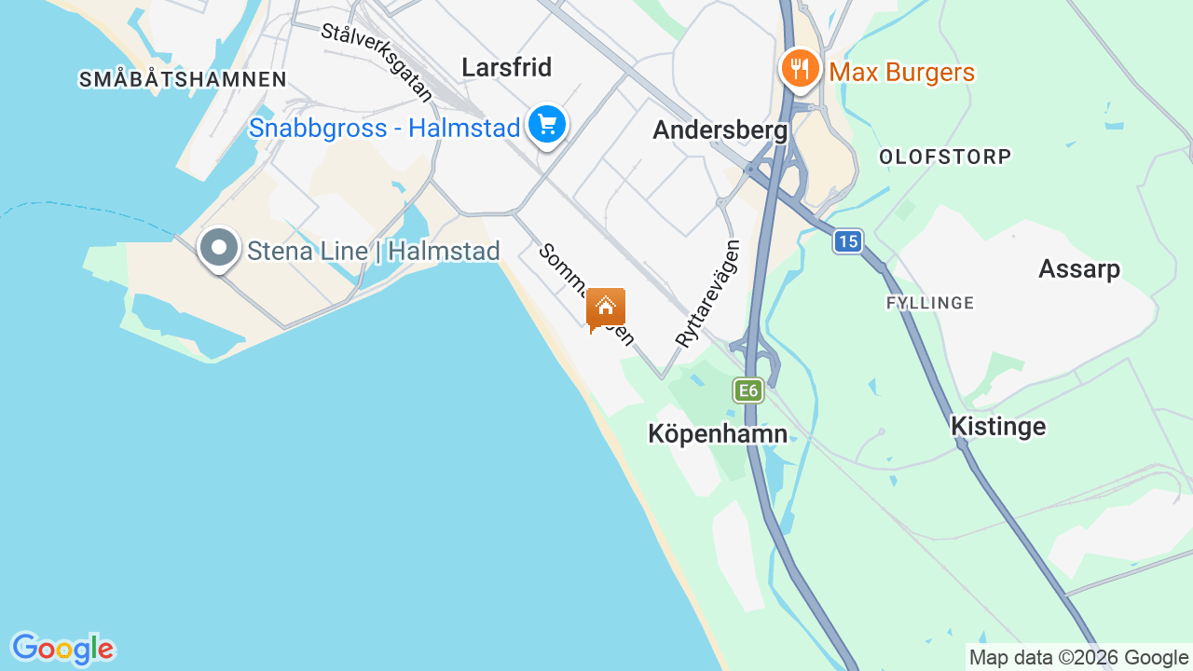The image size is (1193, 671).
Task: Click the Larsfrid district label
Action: (x=507, y=67)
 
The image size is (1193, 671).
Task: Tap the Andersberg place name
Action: (x=720, y=130)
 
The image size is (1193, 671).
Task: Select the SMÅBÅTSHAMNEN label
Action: (x=183, y=79)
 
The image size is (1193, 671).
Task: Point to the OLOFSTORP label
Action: (x=945, y=157)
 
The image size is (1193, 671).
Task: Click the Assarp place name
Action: (x=1079, y=269)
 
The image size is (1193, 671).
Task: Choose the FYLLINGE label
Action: (x=930, y=303)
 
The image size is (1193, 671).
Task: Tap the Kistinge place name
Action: (x=998, y=427)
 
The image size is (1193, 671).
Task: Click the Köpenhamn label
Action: (x=718, y=433)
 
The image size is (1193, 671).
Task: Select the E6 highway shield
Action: (x=748, y=390)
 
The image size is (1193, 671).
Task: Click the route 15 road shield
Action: (x=847, y=242)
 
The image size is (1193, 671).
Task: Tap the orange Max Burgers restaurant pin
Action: (x=800, y=70)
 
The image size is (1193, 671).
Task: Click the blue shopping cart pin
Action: (x=547, y=125)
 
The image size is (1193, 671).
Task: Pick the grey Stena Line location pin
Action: (x=219, y=249)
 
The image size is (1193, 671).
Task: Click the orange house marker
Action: (x=606, y=308)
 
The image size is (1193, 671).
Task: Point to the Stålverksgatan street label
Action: (x=377, y=62)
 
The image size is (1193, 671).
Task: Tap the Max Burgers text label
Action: (x=902, y=73)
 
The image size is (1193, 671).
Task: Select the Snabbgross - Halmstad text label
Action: (x=384, y=128)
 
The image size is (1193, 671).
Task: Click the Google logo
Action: (x=62, y=649)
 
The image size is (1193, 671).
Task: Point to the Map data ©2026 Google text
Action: (x=1078, y=657)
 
